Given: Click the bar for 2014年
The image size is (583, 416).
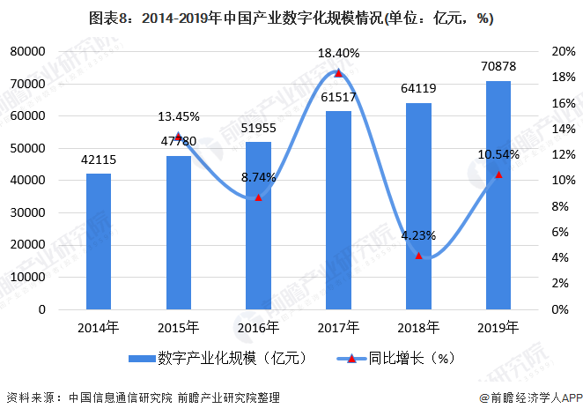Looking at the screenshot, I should tap(98, 241).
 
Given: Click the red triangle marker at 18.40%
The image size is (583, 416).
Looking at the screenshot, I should tap(338, 73).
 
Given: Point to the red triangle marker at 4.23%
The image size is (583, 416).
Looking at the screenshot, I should tap(418, 256).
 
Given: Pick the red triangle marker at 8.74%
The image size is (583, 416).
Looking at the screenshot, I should tap(258, 197).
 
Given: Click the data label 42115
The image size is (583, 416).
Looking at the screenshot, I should tap(98, 160).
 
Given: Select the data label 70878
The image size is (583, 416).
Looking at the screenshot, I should tap(498, 67).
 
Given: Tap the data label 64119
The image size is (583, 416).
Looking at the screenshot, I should tap(418, 88).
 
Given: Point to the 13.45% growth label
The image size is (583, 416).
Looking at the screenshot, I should tap(178, 116).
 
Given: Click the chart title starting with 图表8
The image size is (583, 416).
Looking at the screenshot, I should tap(291, 17).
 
